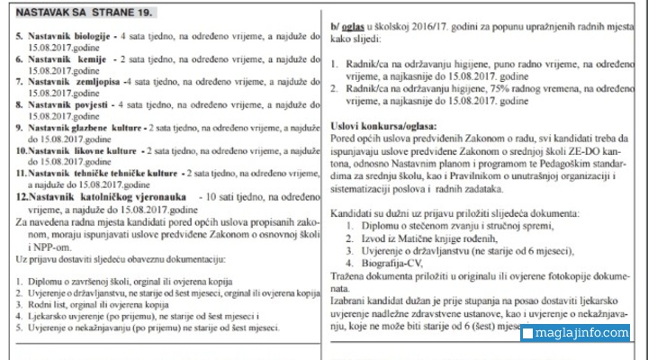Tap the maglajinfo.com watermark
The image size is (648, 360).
tap(581, 334)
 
